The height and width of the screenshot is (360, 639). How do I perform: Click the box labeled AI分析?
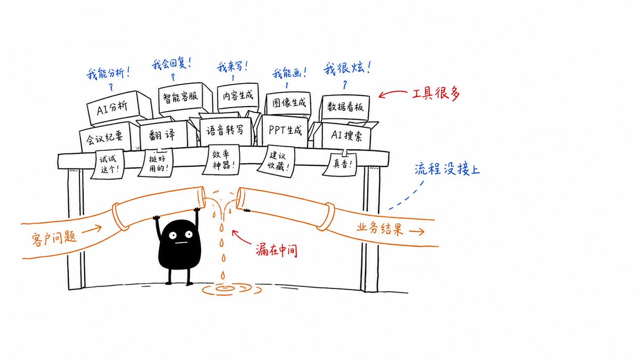click(x=118, y=108)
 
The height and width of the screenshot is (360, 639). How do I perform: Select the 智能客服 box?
click(x=184, y=98)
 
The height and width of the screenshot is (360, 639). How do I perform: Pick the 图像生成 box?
click(x=289, y=103)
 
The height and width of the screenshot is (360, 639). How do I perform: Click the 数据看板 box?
click(x=345, y=108)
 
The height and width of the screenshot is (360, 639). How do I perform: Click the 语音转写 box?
click(x=226, y=131)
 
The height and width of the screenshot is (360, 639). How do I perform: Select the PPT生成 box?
click(x=285, y=131)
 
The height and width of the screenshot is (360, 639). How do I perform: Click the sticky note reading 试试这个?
click(x=108, y=164)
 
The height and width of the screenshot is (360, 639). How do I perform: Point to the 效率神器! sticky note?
click(x=223, y=159)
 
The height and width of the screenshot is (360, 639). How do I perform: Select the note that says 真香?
click(x=340, y=164)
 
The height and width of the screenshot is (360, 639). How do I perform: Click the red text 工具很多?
click(x=436, y=94)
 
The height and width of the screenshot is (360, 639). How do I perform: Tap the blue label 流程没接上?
click(x=447, y=169)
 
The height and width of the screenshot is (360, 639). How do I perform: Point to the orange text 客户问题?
click(x=54, y=237)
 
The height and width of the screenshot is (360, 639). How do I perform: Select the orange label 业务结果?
click(x=380, y=228)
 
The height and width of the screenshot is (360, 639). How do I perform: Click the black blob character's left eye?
click(x=173, y=235)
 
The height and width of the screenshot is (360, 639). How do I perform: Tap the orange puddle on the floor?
click(x=232, y=290)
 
